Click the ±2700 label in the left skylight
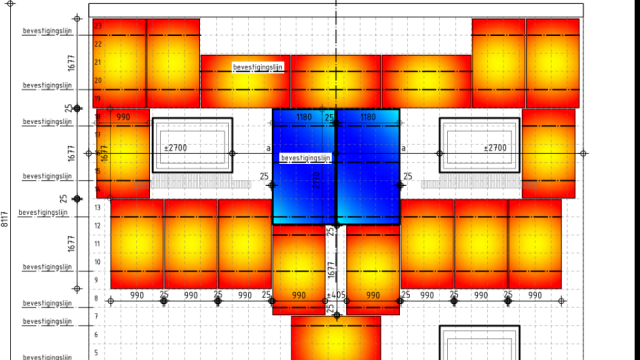176,148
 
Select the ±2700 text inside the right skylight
494,148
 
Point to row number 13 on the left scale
97,207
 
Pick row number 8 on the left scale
97,299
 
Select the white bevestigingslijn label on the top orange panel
258,67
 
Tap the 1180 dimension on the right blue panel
367,118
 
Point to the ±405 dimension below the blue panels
338,296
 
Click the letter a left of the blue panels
268,148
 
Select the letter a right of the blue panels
403,148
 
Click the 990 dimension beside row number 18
123,118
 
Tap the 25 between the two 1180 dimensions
329,118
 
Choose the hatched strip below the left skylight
204,184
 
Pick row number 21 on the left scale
97,62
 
